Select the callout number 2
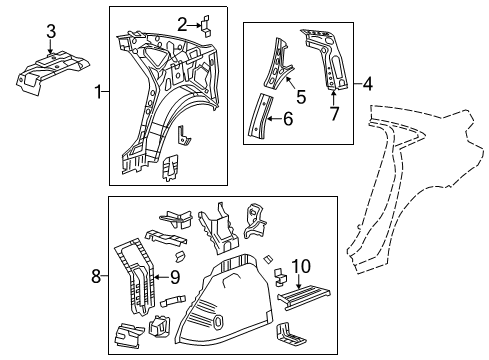(181, 23)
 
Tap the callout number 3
(51, 37)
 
